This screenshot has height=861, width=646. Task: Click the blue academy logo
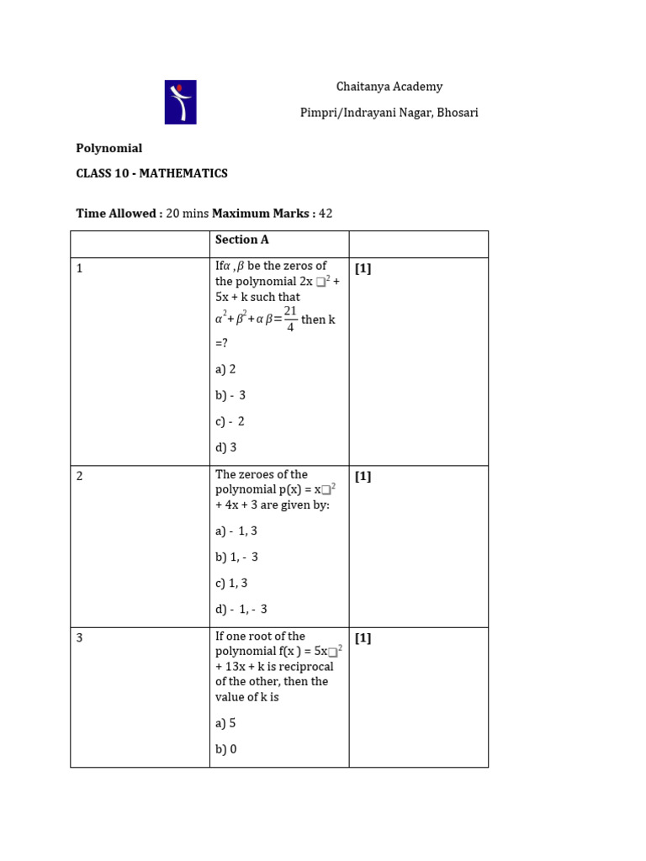tap(180, 102)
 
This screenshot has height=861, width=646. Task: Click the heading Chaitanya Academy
tap(389, 87)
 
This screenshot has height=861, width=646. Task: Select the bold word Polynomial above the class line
tap(109, 148)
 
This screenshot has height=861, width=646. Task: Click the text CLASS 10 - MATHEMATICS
tap(151, 173)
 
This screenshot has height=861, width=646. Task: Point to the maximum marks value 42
tap(326, 214)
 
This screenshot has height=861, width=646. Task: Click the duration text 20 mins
tap(187, 214)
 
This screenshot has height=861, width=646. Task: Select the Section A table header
tap(236, 240)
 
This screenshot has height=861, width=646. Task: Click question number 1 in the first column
tap(79, 268)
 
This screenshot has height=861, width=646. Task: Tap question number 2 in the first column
tap(79, 476)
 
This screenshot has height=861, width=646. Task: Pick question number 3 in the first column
tap(79, 638)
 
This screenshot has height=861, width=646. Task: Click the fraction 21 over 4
tap(290, 319)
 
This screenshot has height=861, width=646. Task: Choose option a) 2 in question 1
tap(225, 369)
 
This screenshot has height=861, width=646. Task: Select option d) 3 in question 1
tap(225, 447)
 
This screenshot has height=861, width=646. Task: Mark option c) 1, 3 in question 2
tap(231, 583)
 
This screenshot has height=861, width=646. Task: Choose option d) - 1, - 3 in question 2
tap(241, 609)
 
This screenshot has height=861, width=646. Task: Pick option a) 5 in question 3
tap(225, 723)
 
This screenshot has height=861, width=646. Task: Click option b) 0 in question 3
tap(225, 749)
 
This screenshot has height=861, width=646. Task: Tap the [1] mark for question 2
tap(363, 476)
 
